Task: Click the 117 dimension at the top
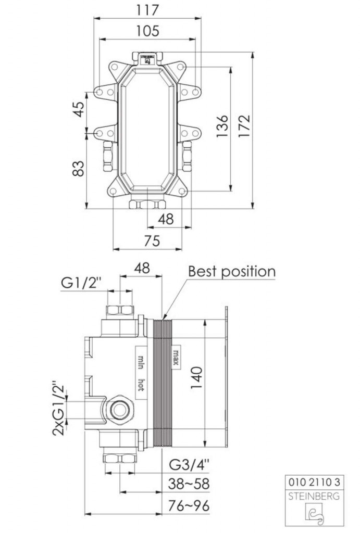click(x=147, y=10)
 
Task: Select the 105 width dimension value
click(x=147, y=31)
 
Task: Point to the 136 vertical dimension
click(x=222, y=125)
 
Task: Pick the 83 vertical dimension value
click(x=78, y=168)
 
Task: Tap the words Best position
click(x=231, y=272)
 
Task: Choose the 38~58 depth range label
click(x=189, y=484)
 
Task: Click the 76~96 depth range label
click(x=189, y=505)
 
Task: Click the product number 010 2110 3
click(x=313, y=482)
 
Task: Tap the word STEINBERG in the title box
click(x=313, y=497)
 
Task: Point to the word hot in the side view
click(x=141, y=384)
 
